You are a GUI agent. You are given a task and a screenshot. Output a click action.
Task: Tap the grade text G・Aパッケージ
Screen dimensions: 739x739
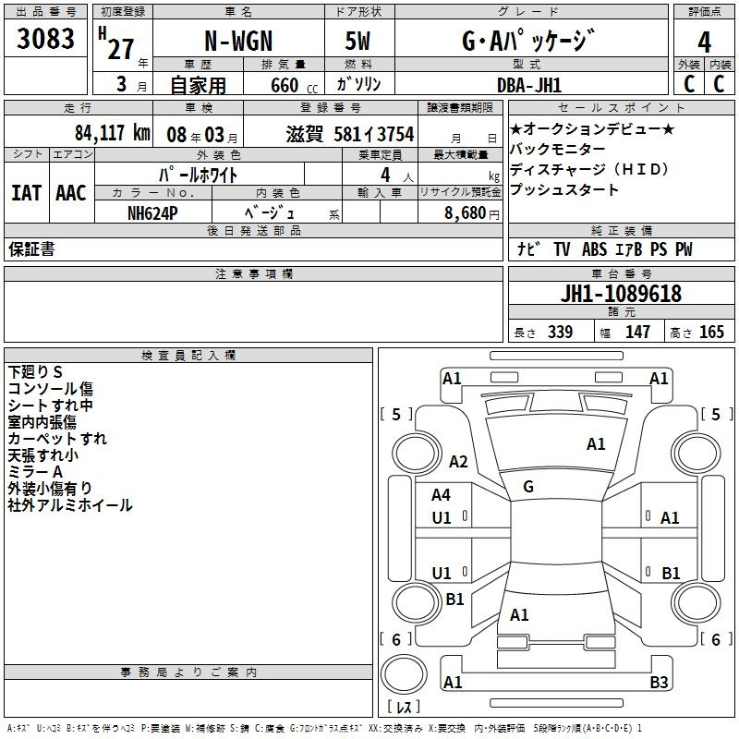click(527, 42)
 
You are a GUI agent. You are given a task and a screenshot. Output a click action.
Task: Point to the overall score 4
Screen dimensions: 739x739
click(704, 42)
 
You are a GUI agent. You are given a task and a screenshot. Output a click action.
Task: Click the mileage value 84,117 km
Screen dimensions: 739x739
click(112, 134)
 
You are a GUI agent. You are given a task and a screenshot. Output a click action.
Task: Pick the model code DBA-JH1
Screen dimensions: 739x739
click(527, 86)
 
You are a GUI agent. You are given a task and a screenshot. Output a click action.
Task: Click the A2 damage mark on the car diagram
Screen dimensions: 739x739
click(458, 462)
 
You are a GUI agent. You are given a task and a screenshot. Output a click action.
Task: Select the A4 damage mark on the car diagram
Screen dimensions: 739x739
click(442, 495)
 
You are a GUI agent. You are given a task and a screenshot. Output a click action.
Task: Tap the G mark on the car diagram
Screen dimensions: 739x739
click(527, 487)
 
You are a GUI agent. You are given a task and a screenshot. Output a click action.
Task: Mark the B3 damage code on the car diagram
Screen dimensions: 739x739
click(659, 683)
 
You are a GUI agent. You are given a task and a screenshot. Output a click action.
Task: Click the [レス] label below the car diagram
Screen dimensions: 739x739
click(404, 707)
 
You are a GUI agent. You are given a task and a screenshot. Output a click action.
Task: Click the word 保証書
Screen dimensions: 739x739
click(31, 249)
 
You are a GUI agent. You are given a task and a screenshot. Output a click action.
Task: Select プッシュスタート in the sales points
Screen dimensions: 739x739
click(564, 190)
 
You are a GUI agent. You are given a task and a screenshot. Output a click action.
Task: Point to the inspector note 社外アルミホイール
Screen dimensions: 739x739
click(70, 505)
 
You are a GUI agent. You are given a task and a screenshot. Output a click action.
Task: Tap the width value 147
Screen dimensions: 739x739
click(637, 333)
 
